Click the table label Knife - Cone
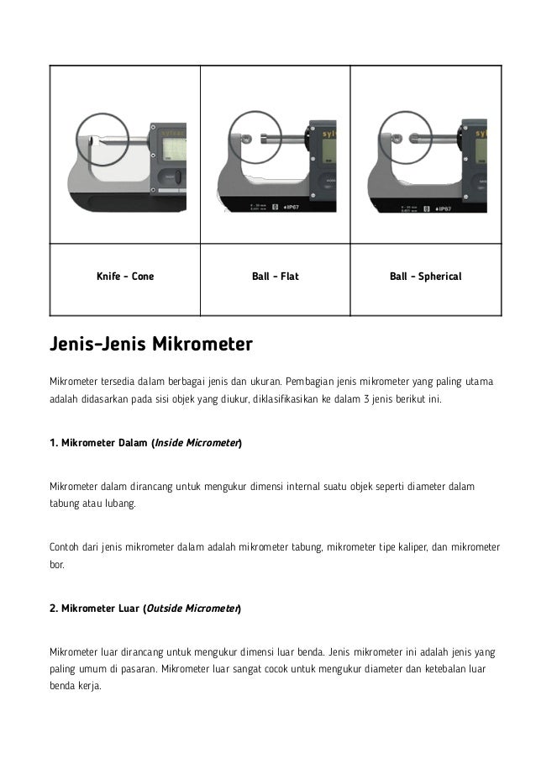coord(125,276)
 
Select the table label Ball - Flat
coord(275,276)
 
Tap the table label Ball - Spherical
coord(425,276)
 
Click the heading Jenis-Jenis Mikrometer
coord(151,345)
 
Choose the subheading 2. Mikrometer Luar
coord(97,608)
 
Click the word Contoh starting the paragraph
coord(65,548)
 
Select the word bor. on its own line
coord(57,566)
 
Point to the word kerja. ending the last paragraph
coord(87,685)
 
